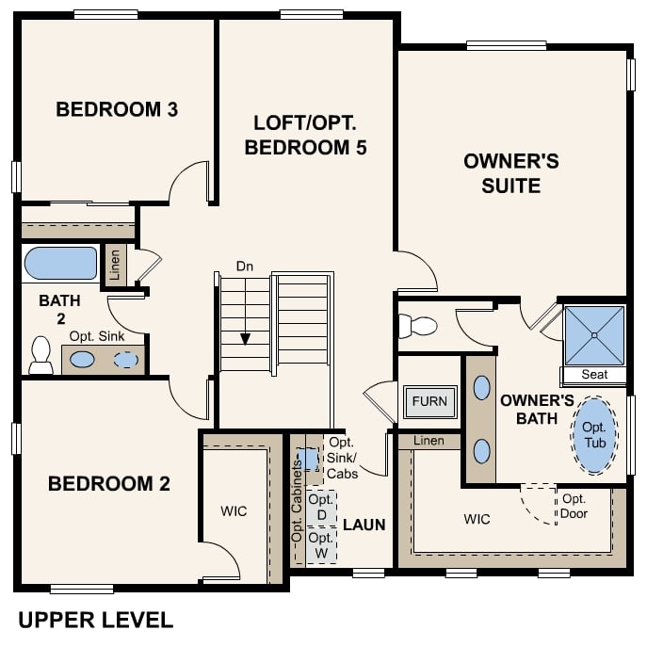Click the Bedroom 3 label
[117, 109]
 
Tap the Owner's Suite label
[511, 173]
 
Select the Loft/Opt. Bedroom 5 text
[304, 136]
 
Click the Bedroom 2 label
[109, 484]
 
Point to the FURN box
[429, 402]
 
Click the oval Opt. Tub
[594, 435]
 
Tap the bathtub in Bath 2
[60, 264]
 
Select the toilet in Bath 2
[40, 355]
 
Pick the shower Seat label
[594, 375]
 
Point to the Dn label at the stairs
[245, 267]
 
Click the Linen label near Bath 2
[115, 265]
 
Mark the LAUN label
[364, 525]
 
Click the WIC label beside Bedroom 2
[234, 511]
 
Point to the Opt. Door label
[574, 506]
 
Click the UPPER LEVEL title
[95, 620]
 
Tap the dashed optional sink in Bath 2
[125, 359]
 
